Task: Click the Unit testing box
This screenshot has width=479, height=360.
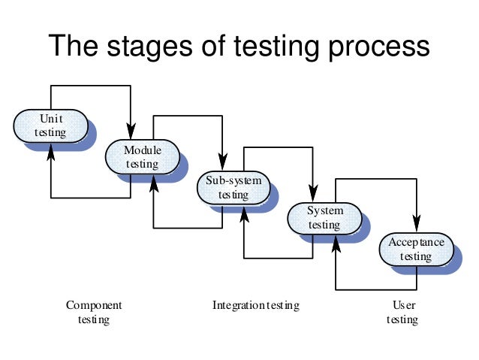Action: click(x=50, y=126)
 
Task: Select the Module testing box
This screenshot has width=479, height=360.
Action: click(x=142, y=157)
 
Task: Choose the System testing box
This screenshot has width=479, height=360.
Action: click(x=324, y=218)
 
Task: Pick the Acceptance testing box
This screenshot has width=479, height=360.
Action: click(x=416, y=249)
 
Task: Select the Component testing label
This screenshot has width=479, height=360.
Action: click(x=94, y=313)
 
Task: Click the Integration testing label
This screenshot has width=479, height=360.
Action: click(x=255, y=305)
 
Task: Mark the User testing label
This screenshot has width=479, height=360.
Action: click(x=403, y=313)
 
